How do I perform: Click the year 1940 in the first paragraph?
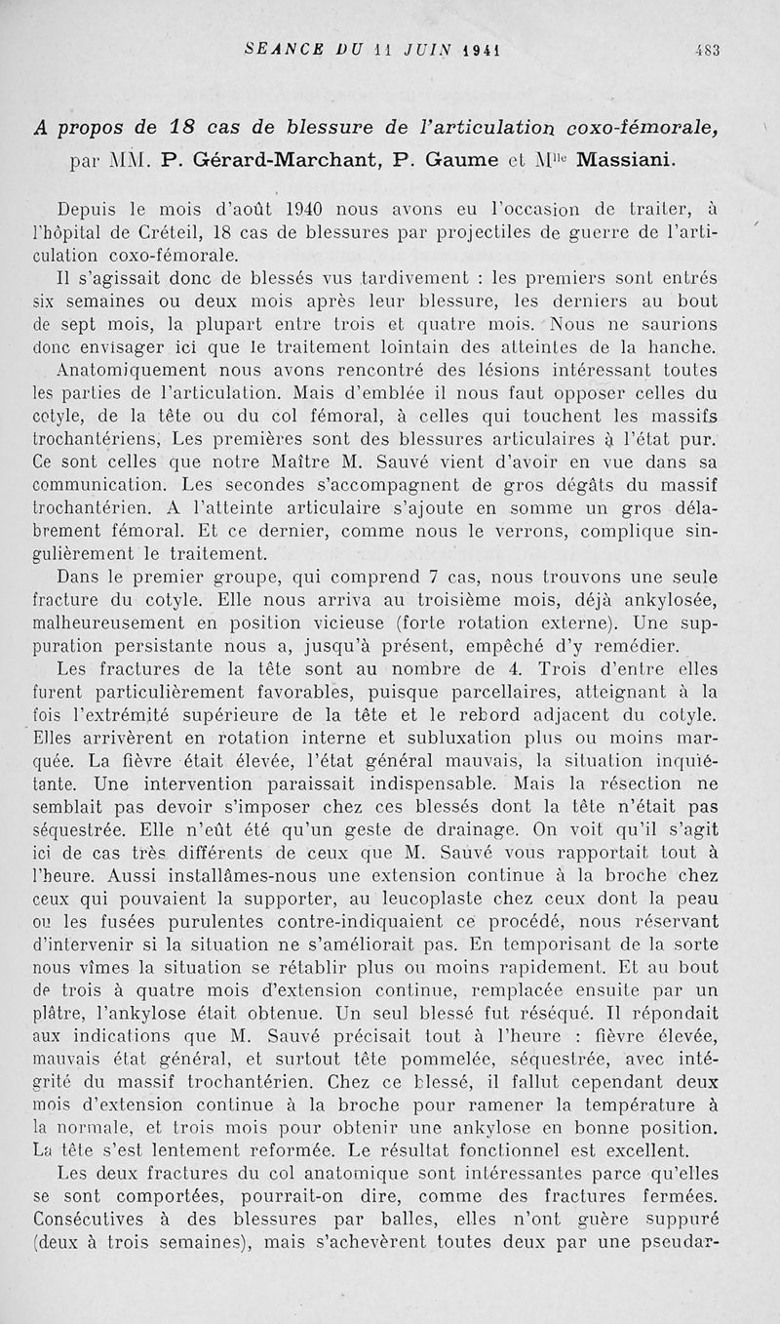click(x=312, y=210)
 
